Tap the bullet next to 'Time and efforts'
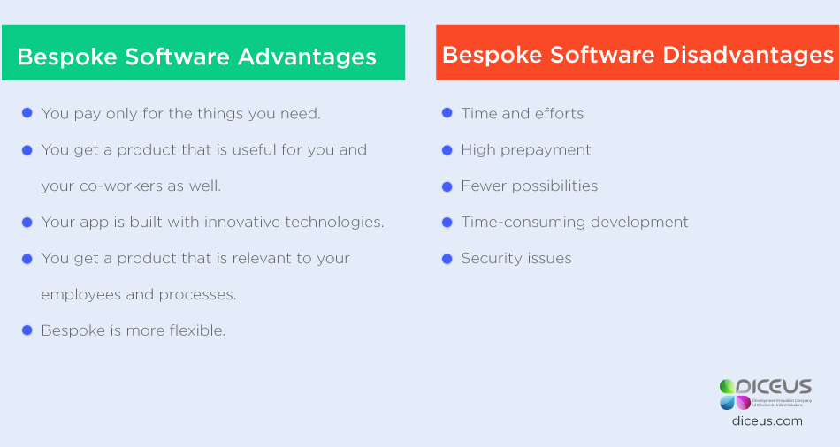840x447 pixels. pos(447,113)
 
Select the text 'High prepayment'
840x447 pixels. pos(525,149)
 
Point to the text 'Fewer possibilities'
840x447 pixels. pos(529,186)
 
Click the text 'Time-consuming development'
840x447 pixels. pos(574,222)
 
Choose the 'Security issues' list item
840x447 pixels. pos(515,258)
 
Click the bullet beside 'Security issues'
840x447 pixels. pos(447,258)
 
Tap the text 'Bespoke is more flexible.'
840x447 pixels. pos(133,330)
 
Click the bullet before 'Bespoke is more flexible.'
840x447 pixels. pos(27,330)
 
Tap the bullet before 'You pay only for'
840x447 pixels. pos(27,113)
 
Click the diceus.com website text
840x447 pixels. pos(767,421)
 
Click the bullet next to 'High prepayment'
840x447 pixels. pos(447,149)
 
